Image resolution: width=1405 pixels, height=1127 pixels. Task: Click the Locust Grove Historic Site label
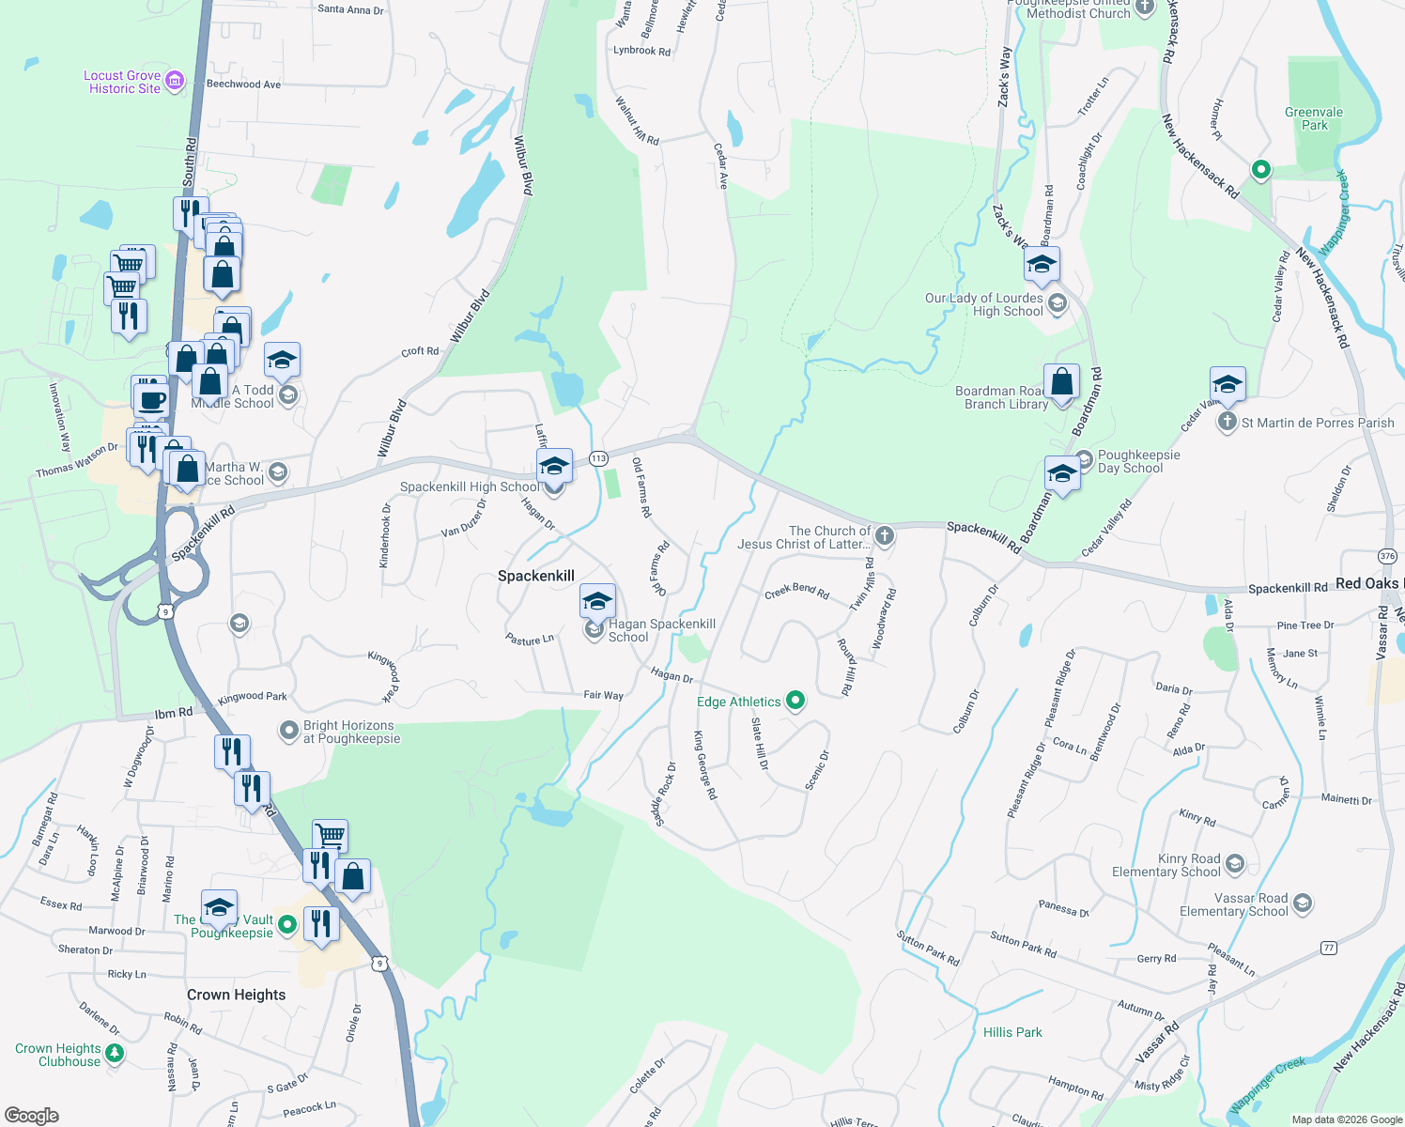[x=122, y=83]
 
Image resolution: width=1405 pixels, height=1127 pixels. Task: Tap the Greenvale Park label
[x=1313, y=118]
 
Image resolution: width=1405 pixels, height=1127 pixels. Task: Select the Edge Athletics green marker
[x=795, y=700]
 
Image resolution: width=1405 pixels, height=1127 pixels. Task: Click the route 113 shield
[x=598, y=458]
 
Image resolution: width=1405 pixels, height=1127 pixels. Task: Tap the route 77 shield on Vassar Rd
[x=1328, y=948]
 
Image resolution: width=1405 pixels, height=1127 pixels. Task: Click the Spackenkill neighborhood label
[x=535, y=576]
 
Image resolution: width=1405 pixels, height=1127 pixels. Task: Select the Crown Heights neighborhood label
[x=236, y=995]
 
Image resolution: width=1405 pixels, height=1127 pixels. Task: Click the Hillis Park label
[x=1012, y=1032]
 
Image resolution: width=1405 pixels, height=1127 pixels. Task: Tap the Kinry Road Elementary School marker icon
[x=1234, y=863]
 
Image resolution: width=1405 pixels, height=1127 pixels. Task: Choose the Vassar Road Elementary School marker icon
[x=1302, y=903]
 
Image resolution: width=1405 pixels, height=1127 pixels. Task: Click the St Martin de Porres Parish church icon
[x=1227, y=422]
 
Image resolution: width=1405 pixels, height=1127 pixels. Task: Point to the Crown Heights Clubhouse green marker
[x=115, y=1054]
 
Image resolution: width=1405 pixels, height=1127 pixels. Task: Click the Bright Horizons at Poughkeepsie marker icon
[x=289, y=731]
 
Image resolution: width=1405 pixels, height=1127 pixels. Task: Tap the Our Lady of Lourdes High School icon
[x=1058, y=303]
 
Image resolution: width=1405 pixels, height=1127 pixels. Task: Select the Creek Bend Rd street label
[x=796, y=591]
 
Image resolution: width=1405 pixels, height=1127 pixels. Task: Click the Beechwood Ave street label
[x=243, y=85]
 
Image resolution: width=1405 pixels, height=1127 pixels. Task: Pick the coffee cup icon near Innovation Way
[x=150, y=401]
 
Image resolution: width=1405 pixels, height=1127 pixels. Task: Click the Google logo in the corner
[x=32, y=1116]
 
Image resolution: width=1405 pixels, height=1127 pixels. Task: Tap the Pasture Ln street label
[x=530, y=640]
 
